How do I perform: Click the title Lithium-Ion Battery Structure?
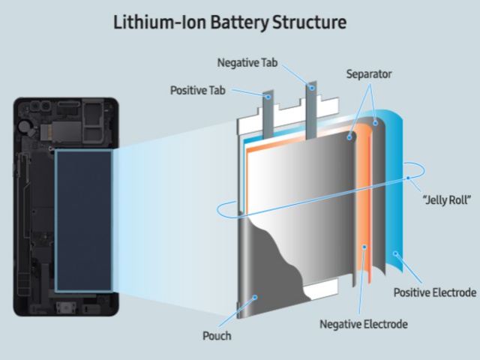point(240,22)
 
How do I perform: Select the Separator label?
point(370,76)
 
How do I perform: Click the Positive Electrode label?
point(434,290)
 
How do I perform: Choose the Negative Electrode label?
point(363,324)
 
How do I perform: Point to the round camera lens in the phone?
point(25,123)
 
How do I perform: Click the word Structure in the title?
point(310,22)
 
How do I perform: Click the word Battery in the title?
point(240,22)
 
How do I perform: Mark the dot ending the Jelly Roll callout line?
point(409,178)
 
